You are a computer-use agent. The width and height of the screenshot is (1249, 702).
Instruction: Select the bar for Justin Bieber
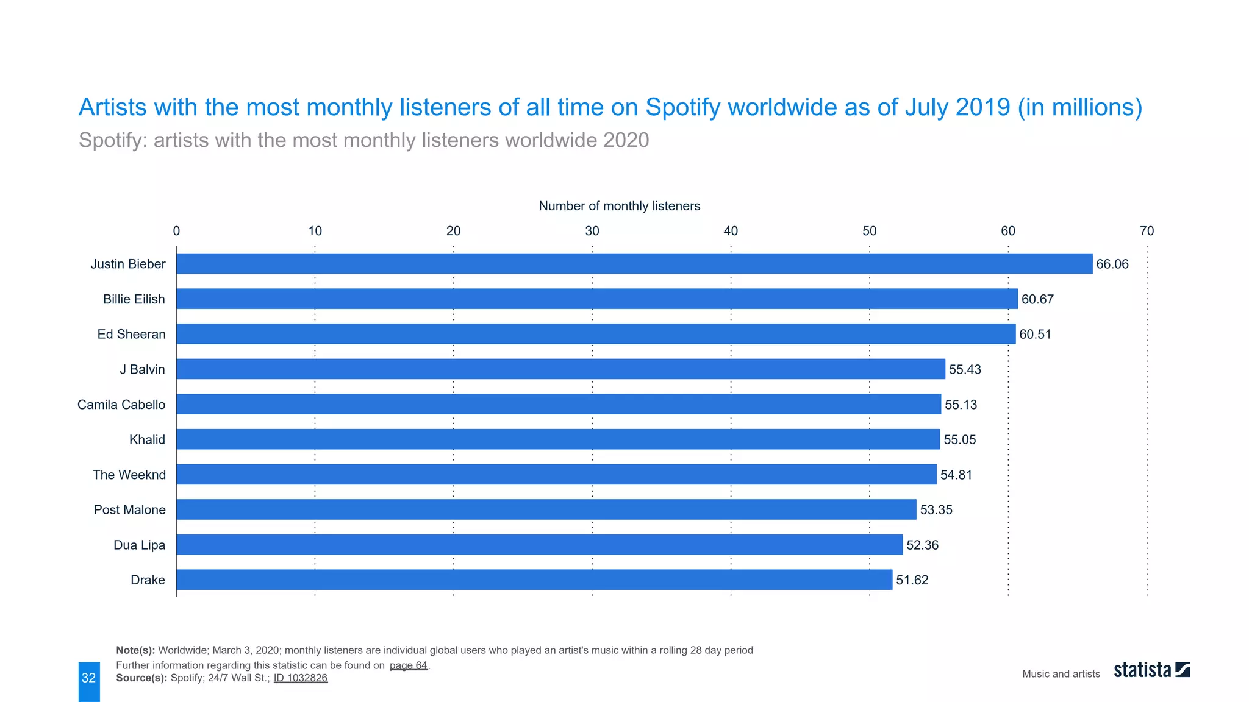coord(634,264)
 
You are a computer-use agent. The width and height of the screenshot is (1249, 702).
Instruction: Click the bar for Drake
coord(534,580)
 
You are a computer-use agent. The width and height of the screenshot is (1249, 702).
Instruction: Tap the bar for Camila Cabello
coord(559,404)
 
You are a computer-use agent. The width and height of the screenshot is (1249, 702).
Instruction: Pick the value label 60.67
coord(1037,299)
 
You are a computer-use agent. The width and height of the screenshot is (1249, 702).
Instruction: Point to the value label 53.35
coord(936,509)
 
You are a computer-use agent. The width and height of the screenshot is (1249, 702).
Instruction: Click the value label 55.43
coord(965,369)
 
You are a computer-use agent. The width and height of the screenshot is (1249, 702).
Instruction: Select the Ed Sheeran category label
coord(131,334)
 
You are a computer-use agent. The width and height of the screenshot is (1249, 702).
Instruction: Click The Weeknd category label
coord(129,475)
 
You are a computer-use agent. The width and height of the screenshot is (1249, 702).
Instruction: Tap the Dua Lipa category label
coord(139,545)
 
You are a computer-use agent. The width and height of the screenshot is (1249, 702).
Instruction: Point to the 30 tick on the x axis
coord(592,231)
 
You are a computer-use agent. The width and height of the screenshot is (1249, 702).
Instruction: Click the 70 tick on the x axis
coord(1147,231)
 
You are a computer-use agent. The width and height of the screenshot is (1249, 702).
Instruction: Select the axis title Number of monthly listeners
coord(619,206)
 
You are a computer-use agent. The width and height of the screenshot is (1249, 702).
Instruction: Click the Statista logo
coord(1151,670)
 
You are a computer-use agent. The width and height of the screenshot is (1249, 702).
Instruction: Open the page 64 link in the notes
coord(409,665)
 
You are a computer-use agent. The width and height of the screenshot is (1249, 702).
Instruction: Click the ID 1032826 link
coord(300,678)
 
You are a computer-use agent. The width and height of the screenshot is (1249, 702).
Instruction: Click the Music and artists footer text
coord(1061,673)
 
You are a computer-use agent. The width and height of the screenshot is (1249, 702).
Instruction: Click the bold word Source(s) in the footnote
coord(141,678)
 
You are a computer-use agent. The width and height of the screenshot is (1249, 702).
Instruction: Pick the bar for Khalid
coord(558,439)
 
